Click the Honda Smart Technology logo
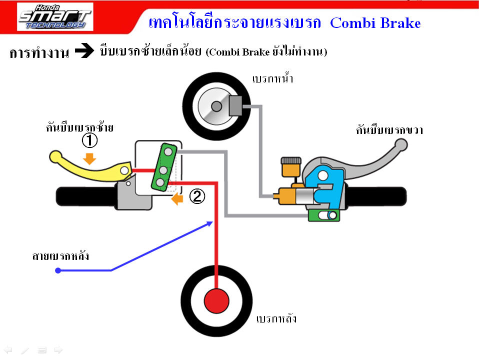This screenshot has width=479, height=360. (55, 17)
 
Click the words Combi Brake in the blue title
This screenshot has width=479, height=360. (375, 23)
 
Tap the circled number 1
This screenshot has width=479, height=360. (89, 140)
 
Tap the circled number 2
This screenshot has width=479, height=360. (197, 196)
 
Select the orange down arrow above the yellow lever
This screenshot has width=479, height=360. (89, 159)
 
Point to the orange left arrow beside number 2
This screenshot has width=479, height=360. (177, 199)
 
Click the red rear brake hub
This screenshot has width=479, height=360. (216, 301)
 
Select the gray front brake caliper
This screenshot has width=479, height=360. (235, 105)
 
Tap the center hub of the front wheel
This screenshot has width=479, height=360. (216, 106)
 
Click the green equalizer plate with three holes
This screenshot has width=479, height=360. (164, 167)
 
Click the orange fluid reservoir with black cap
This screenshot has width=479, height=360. (291, 167)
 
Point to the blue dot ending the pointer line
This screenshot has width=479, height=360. (58, 270)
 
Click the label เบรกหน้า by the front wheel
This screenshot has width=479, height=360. (273, 78)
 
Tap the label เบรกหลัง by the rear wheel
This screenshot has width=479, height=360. (276, 318)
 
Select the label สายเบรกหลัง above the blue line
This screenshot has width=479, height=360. (60, 255)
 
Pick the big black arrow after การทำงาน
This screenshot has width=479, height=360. (84, 50)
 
